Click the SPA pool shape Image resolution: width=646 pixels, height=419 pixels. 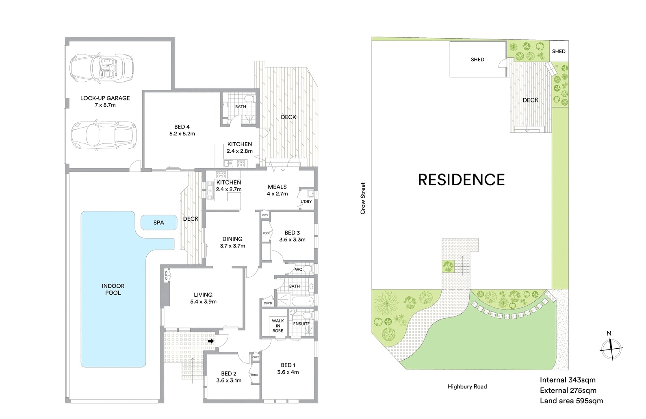pos(159,223)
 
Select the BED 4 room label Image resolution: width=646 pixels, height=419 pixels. pos(182,130)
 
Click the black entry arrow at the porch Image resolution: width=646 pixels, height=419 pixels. pos(210,341)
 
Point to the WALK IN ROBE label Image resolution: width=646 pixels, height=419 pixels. pos(278,326)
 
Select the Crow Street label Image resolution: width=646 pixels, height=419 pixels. pos(363,198)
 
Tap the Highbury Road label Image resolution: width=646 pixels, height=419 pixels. pos(467,386)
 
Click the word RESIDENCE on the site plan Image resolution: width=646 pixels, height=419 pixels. pos(461,180)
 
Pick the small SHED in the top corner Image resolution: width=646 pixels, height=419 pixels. pos(559,51)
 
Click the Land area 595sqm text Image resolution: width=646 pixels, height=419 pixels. pos(571,401)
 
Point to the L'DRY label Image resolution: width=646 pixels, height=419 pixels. pos(306,202)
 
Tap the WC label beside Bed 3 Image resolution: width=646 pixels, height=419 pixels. pos(299,269)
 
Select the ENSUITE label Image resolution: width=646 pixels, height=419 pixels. pos(301,324)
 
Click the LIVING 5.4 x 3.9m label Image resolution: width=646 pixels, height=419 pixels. pos(203,298)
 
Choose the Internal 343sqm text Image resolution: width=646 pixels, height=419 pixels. pos(568,380)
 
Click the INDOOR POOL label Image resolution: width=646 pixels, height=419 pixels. pos(113,289)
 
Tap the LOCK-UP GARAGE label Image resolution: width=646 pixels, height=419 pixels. pos(105,101)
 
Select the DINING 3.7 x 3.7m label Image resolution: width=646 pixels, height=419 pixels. pos(232,242)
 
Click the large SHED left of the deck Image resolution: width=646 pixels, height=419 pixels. pos(477,59)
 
